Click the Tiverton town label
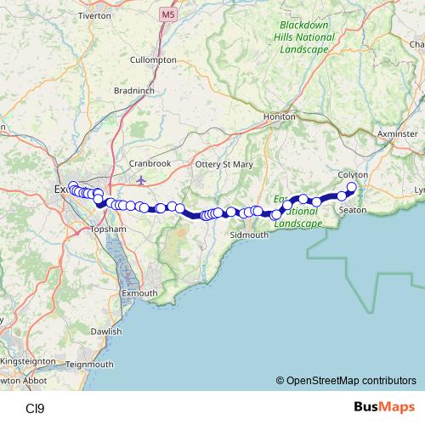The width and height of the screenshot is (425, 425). [x=94, y=16]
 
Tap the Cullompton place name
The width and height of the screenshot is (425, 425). [x=153, y=60]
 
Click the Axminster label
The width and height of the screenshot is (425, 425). [x=397, y=134]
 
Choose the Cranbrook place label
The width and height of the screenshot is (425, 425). [x=150, y=163]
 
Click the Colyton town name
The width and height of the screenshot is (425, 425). [x=352, y=174]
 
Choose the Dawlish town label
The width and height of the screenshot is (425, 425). [x=107, y=331]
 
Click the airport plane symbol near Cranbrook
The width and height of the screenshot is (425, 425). [x=140, y=179]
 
